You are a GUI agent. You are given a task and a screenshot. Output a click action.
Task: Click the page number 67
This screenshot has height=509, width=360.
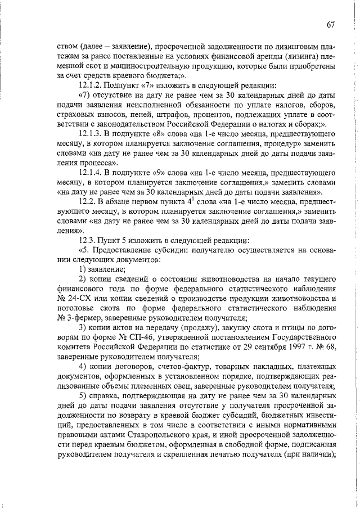click(331, 24)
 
